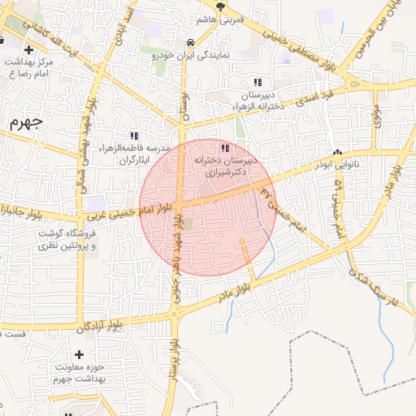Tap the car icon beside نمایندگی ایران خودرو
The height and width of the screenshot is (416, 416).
(189, 42)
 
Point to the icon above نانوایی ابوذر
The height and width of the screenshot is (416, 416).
(336, 152)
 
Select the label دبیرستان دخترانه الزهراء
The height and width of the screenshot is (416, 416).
(258, 100)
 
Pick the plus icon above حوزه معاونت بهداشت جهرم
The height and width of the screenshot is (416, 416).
(80, 355)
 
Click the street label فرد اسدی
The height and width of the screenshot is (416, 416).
(314, 97)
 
